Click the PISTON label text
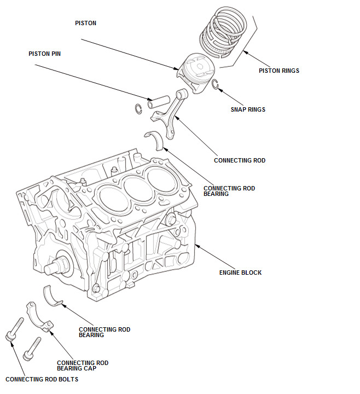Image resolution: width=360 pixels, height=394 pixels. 85,24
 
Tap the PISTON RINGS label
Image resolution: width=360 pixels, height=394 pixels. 278,71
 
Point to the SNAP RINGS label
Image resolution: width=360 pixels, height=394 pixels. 248,109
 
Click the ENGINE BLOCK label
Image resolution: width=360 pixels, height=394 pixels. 240,273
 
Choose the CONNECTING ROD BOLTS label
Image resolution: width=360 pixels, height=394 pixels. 42,379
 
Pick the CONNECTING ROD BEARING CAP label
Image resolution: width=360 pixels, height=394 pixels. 83,366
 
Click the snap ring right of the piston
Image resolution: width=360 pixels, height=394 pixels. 217,84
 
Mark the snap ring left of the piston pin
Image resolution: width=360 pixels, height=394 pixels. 138,108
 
